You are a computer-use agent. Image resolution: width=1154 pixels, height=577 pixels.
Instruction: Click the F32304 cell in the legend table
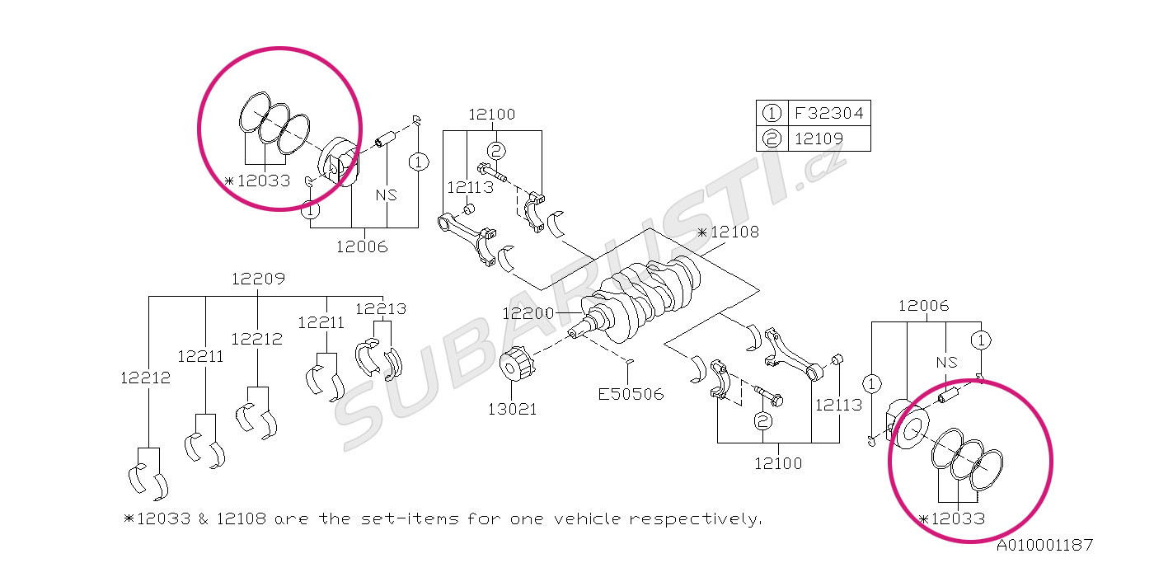828,113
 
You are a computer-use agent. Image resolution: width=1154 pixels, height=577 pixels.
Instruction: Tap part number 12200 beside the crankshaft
528,313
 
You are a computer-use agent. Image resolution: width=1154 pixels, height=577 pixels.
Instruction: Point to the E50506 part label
631,394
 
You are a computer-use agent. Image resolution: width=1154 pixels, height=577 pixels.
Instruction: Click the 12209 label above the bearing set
258,279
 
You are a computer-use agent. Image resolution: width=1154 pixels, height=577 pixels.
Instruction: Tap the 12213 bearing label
381,309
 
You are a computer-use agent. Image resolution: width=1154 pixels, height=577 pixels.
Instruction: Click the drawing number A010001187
1044,545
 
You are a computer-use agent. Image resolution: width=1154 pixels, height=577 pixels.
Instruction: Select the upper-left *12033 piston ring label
258,181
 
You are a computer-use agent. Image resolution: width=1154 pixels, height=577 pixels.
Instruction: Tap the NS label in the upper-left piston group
386,195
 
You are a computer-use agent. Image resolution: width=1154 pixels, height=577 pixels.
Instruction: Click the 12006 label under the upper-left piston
362,246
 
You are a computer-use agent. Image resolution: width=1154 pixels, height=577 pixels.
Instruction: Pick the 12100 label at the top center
492,115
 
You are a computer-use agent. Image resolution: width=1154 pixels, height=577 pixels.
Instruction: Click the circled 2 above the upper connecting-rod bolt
495,150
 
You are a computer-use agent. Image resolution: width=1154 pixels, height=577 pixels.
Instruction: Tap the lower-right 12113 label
838,405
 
